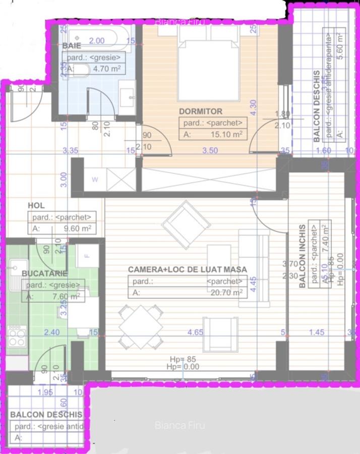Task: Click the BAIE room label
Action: pyautogui.click(x=72, y=46)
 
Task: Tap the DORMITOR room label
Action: pyautogui.click(x=200, y=111)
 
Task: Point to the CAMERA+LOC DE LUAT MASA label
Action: pyautogui.click(x=187, y=270)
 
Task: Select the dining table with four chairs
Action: pyautogui.click(x=141, y=327)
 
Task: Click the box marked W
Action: pyautogui.click(x=95, y=179)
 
